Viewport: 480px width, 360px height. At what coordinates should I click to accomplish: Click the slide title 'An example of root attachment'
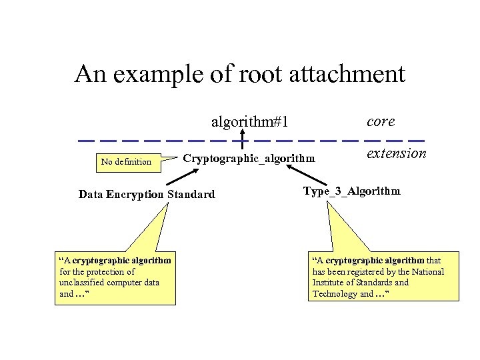[239, 74]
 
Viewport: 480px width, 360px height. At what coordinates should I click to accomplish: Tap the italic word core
[381, 121]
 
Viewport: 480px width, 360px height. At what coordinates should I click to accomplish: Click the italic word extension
[396, 153]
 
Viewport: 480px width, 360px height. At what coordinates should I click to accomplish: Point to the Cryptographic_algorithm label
[248, 158]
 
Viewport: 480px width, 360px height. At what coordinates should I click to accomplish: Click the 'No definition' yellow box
[126, 161]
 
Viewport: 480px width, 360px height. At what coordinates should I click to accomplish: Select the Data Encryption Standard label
[147, 195]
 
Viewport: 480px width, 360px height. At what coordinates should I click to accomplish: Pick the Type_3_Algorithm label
[351, 191]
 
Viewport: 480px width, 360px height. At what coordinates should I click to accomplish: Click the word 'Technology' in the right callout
[335, 294]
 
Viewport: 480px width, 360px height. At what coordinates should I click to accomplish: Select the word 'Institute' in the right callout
[330, 283]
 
